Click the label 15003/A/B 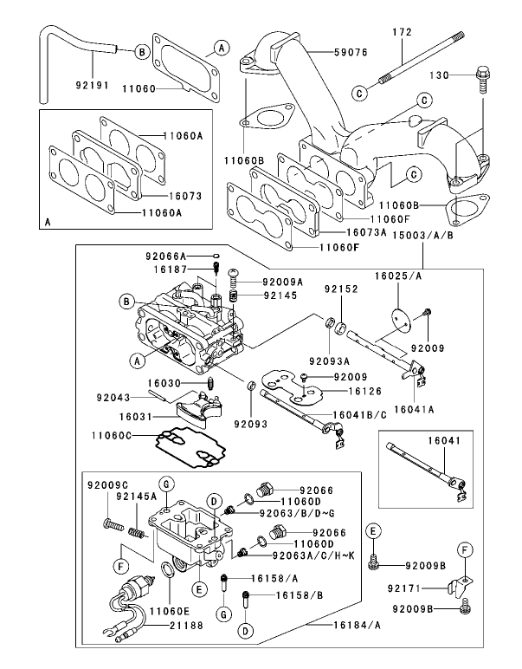(422, 235)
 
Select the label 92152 (339, 289)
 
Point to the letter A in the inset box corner (47, 223)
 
